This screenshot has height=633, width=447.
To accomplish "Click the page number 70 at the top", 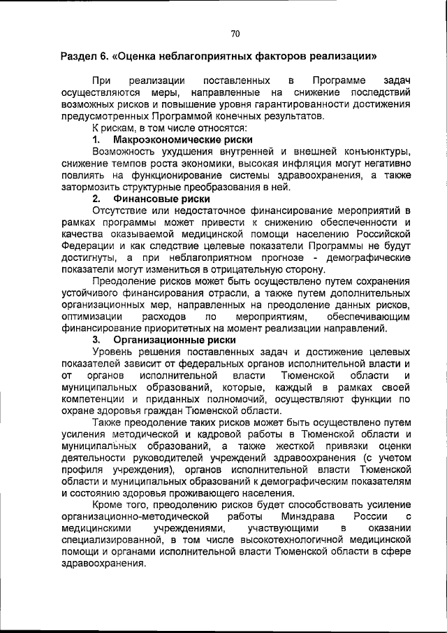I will tap(235, 33).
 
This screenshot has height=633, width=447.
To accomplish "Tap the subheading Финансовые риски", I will tap(152, 198).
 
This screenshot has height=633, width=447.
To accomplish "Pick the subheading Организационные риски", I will tap(165, 339).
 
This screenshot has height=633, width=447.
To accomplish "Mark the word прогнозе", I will tap(273, 257).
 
